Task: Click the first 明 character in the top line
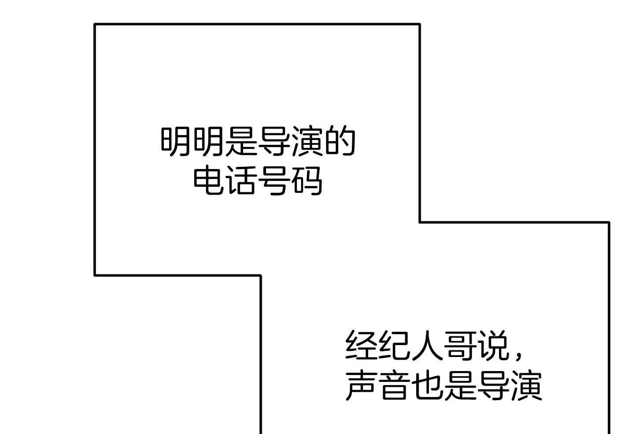176,141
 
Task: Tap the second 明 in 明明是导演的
209,141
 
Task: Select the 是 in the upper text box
241,141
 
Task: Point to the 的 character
340,141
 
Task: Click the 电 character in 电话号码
209,180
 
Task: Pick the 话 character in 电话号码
242,180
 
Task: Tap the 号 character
274,180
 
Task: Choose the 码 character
307,180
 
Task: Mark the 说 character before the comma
492,345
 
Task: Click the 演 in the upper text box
307,141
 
